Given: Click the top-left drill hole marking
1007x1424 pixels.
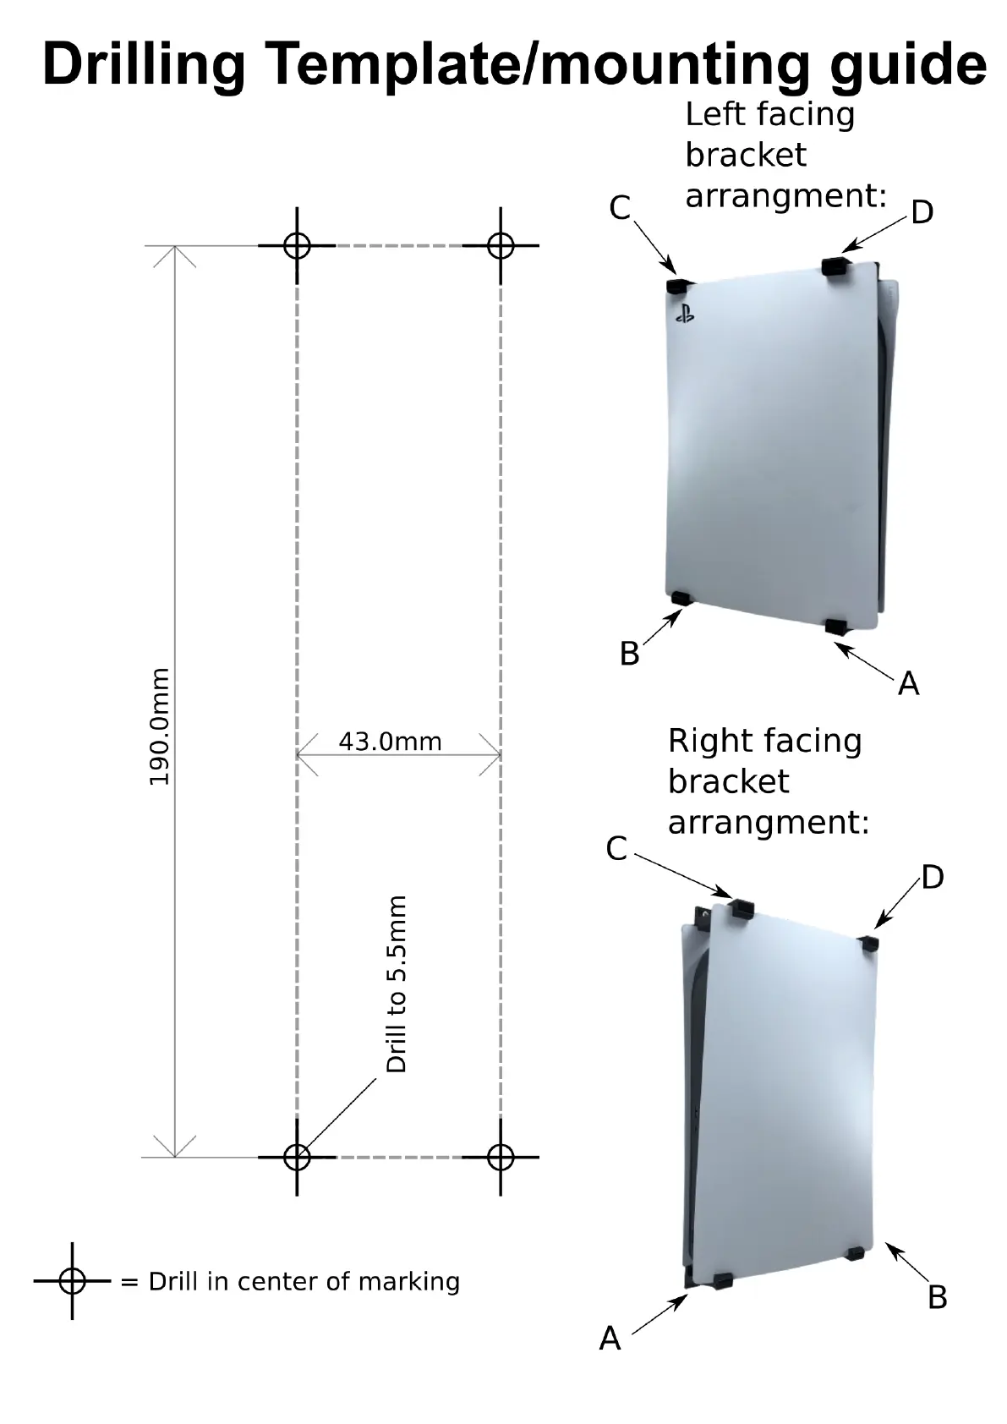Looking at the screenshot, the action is [x=297, y=246].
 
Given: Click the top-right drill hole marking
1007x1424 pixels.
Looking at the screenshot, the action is [x=501, y=246].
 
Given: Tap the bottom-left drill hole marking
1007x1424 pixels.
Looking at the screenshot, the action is [x=297, y=1157].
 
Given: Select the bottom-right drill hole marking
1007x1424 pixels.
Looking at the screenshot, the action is [x=501, y=1157].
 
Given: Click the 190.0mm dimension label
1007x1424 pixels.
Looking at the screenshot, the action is [x=159, y=726].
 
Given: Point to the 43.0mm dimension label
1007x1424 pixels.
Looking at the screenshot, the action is [x=390, y=742].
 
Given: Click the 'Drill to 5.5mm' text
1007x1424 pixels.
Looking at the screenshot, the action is [x=397, y=984].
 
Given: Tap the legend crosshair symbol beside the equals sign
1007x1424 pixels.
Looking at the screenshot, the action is [x=73, y=1281].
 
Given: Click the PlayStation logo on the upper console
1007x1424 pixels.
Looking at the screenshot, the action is [x=684, y=316].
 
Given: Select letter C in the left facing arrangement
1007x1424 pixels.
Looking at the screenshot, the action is [x=620, y=207].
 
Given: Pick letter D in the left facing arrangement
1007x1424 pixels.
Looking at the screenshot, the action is [x=922, y=211].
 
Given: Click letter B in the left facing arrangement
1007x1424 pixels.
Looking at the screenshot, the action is [x=629, y=654].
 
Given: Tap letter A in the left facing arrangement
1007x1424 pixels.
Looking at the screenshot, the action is [x=908, y=683].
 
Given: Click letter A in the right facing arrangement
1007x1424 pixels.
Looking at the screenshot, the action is [x=610, y=1339].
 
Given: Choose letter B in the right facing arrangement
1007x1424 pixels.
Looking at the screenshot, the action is [x=937, y=1297].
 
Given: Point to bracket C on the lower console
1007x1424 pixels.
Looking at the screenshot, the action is [x=742, y=909].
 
